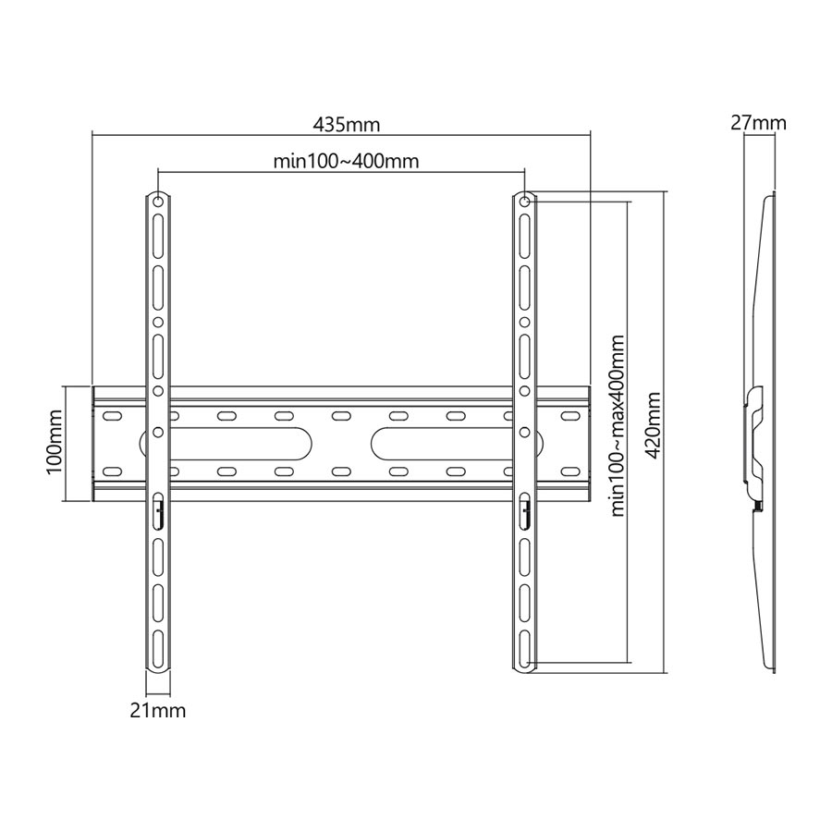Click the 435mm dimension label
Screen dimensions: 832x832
[x=346, y=125]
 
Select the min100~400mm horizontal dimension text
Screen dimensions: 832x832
[x=346, y=161]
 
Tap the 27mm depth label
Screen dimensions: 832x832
[x=758, y=123]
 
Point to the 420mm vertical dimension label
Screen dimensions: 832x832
[x=653, y=425]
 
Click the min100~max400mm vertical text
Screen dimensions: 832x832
[x=618, y=425]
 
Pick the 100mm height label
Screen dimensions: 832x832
[x=55, y=443]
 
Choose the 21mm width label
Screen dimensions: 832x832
[x=158, y=711]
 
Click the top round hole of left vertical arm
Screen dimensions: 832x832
[x=158, y=202]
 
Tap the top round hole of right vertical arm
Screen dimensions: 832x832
[x=524, y=202]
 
